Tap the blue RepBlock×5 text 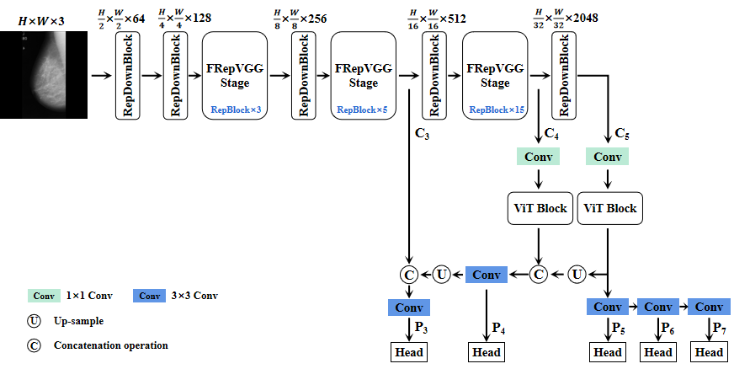pyautogui.click(x=363, y=110)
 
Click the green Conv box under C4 pyautogui.click(x=538, y=158)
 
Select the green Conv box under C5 pyautogui.click(x=608, y=158)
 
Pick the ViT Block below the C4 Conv pyautogui.click(x=539, y=208)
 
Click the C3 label pyautogui.click(x=423, y=133)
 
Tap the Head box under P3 pyautogui.click(x=408, y=351)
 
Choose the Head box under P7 pyautogui.click(x=709, y=351)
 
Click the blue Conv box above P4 pyautogui.click(x=487, y=274)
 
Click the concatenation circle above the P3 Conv pyautogui.click(x=408, y=274)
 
